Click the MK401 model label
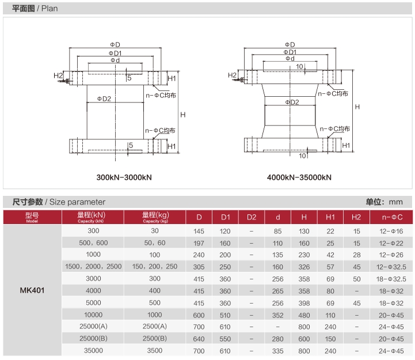click(32, 290)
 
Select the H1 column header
click(330, 217)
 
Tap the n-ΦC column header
click(392, 217)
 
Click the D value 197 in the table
click(199, 243)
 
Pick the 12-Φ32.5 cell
click(391, 267)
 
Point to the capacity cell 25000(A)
click(93, 327)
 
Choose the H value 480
click(304, 315)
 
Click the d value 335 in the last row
click(277, 351)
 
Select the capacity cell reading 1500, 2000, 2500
click(93, 267)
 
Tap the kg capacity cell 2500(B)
click(155, 339)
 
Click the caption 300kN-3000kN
click(124, 177)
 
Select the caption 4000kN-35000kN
click(299, 177)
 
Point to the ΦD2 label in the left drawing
click(104, 99)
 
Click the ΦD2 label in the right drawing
click(292, 103)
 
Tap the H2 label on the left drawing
click(58, 75)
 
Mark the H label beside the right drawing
click(357, 107)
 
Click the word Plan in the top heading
click(50, 9)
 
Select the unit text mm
click(395, 202)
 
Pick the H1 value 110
click(330, 315)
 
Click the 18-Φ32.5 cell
click(391, 279)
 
